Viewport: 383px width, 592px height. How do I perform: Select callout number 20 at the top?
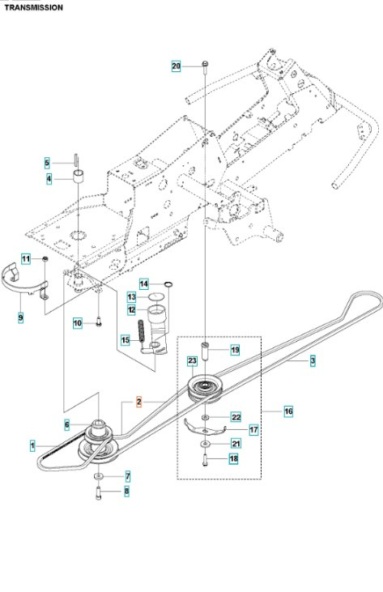[177, 65]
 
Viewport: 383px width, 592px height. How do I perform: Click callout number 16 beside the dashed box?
[288, 411]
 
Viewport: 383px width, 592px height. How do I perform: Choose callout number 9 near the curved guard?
[20, 318]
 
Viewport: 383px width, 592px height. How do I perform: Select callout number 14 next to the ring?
[143, 283]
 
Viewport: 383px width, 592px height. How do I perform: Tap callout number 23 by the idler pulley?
[193, 360]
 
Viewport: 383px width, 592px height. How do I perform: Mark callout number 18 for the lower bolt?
[234, 459]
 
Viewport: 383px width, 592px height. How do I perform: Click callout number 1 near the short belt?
[32, 445]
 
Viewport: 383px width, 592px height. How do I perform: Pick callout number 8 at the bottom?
[126, 491]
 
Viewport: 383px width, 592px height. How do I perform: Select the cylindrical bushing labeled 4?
[80, 177]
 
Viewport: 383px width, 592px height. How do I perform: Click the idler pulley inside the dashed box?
[203, 388]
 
